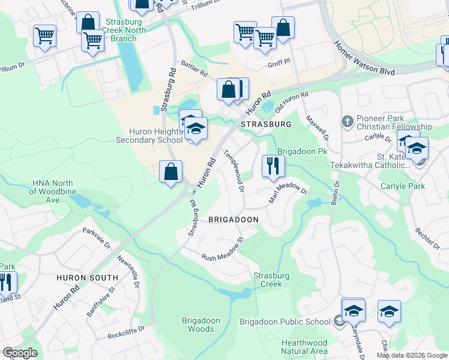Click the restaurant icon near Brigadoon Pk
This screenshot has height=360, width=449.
[274, 166]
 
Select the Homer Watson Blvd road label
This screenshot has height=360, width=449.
[364, 58]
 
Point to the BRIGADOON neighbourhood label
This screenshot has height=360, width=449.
[233, 220]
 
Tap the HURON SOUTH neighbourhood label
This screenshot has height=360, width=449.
[87, 278]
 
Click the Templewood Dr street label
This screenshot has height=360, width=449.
[234, 171]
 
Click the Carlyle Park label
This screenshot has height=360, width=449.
[402, 186]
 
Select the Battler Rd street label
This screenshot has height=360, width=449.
[194, 68]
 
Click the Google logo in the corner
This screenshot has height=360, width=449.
[20, 353]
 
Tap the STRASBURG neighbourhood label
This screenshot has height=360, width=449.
[265, 124]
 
